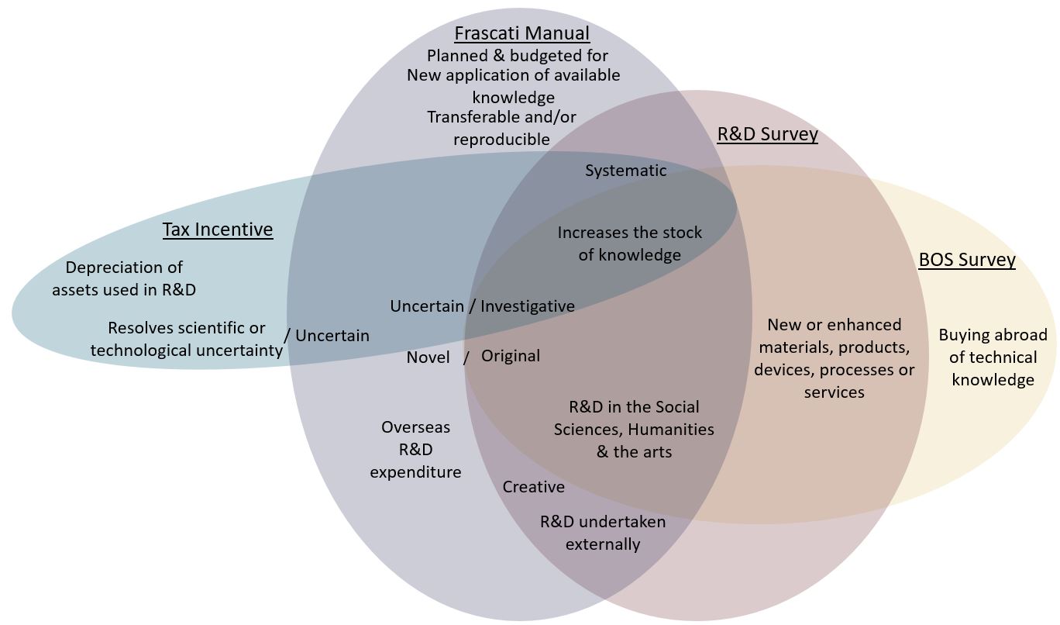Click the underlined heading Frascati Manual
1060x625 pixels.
(x=521, y=33)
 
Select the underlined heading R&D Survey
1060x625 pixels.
(x=767, y=134)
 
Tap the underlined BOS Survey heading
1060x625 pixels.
(x=966, y=259)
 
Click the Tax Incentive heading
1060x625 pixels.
(x=218, y=230)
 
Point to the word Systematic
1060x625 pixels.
(x=625, y=171)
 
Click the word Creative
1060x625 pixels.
(x=533, y=487)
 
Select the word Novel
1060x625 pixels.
(x=428, y=357)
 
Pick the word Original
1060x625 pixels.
(x=511, y=356)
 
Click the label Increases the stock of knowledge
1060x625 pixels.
(x=629, y=243)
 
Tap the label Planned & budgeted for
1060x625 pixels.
(x=518, y=56)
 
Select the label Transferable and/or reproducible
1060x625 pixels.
(x=501, y=128)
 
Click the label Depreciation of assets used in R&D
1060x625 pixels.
(x=124, y=278)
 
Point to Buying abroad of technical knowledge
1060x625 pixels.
(x=993, y=357)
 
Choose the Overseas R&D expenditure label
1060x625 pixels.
(x=415, y=449)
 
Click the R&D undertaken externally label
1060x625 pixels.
(x=602, y=533)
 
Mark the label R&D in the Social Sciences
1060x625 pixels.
(x=634, y=429)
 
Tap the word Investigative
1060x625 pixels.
(x=528, y=306)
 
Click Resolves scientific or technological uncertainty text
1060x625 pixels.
(x=187, y=339)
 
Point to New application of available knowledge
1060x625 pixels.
(x=513, y=86)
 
